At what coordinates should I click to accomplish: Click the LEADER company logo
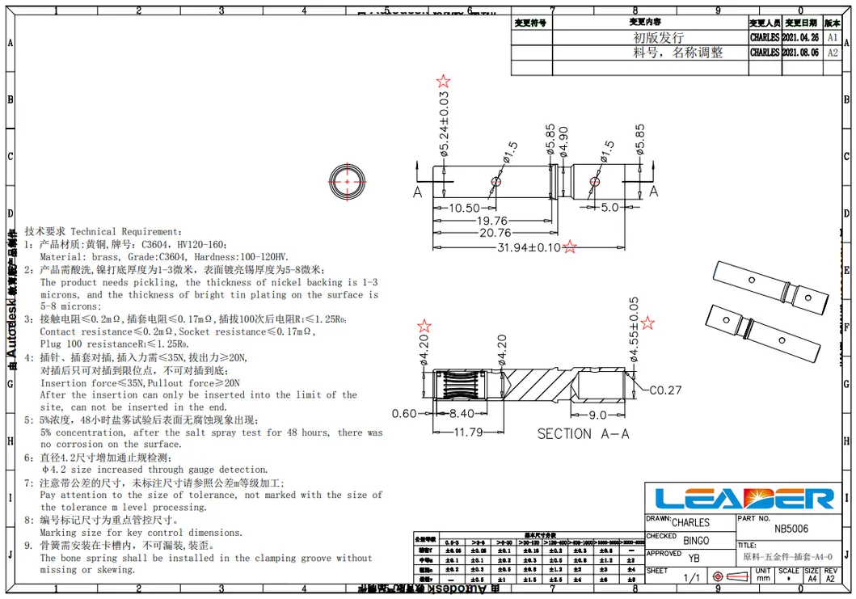click(x=744, y=498)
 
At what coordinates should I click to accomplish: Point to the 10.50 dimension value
click(x=464, y=208)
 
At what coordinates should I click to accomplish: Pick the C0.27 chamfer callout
click(x=665, y=390)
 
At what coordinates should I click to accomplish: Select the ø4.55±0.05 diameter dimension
click(x=634, y=331)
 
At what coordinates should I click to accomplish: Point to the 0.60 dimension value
click(x=404, y=413)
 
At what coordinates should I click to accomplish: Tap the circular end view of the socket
click(x=348, y=181)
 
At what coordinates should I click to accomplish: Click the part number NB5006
click(x=791, y=529)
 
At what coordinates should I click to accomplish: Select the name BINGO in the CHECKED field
click(x=695, y=540)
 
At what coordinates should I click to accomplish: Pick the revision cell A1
click(x=833, y=37)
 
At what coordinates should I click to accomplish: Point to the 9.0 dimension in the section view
click(x=597, y=416)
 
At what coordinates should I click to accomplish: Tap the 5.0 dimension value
click(x=609, y=208)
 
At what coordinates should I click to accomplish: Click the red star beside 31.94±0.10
click(x=570, y=247)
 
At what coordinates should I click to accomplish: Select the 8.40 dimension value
click(x=462, y=413)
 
